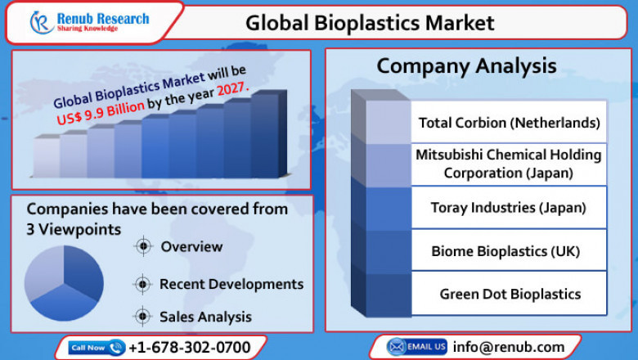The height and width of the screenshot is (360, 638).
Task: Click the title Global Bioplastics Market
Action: coord(370,23)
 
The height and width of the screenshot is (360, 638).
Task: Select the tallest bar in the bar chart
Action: coord(265,136)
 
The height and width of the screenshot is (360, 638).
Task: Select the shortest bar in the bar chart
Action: coord(47,158)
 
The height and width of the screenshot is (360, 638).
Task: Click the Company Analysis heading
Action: coord(466,65)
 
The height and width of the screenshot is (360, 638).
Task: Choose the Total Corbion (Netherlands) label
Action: coord(509,123)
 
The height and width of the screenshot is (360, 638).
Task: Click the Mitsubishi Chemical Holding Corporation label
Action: coord(508,164)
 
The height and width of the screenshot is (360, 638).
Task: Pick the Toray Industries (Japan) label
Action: coord(509,208)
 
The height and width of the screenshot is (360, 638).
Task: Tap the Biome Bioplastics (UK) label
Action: coord(509,251)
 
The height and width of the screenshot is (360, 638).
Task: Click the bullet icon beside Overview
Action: coord(142,246)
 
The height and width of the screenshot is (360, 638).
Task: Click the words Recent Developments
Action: coord(231,284)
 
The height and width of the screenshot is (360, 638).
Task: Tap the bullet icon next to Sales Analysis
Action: coord(142,316)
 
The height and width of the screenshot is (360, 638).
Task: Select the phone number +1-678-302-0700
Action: coord(190,348)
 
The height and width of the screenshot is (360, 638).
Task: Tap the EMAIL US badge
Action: coord(416,347)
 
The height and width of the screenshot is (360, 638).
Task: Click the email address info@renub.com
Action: coord(509,347)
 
